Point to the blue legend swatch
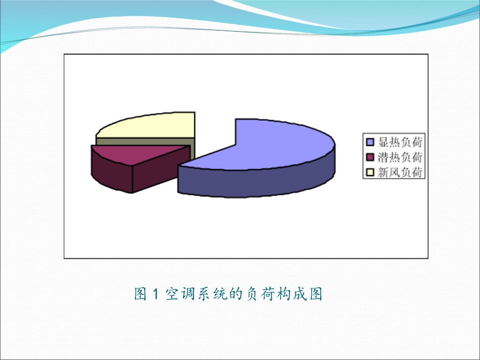(x=370, y=141)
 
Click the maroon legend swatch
(x=370, y=157)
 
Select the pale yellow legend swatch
(x=370, y=173)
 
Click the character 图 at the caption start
(x=140, y=294)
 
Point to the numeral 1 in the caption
(x=156, y=294)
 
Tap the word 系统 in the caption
(x=212, y=294)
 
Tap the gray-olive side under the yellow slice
(x=144, y=141)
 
